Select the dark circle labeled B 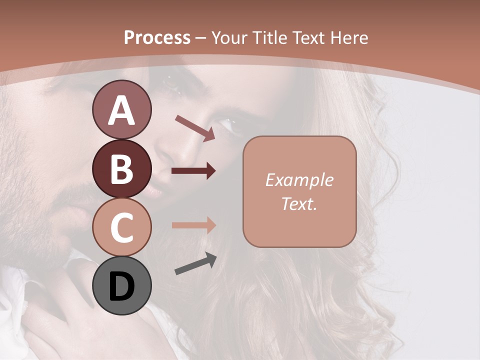point(122,169)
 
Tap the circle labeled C point(122,227)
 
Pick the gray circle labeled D point(122,286)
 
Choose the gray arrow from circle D point(195,264)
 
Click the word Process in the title point(157,37)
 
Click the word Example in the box point(299,180)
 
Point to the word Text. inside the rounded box point(299,203)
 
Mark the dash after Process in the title point(201,38)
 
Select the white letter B point(122,169)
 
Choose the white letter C point(122,228)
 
